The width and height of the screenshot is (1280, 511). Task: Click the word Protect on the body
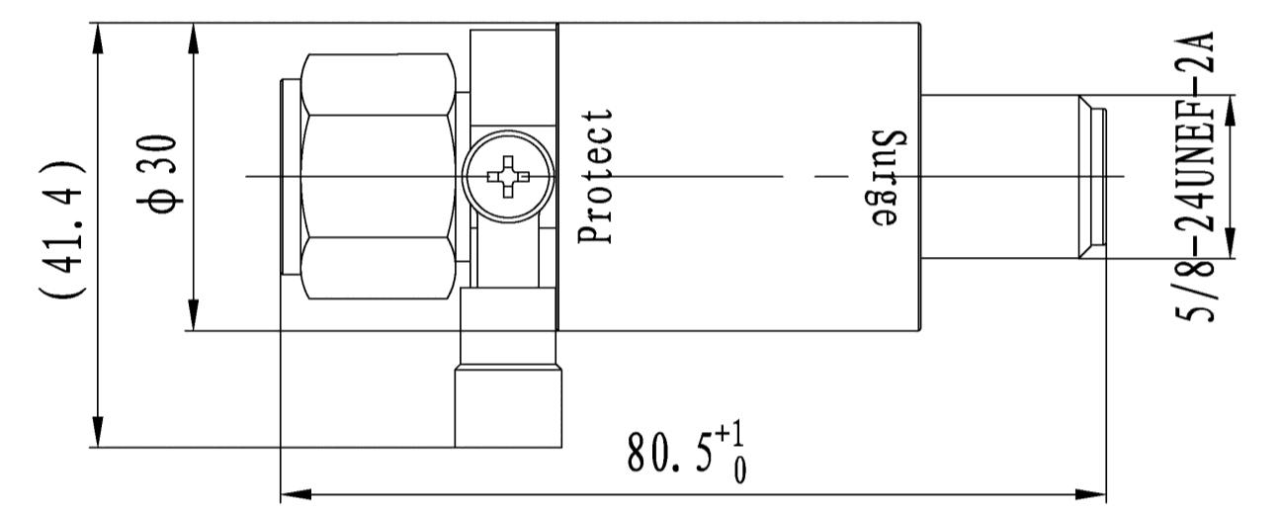point(599,176)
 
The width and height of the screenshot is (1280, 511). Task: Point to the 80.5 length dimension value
point(665,452)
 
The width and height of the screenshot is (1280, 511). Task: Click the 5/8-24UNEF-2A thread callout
point(1199,176)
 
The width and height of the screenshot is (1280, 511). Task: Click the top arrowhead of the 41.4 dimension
point(98,39)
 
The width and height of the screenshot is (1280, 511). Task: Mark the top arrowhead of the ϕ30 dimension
point(194,39)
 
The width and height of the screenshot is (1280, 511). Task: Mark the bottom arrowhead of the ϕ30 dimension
point(194,315)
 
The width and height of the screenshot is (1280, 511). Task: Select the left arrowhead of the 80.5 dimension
point(296,491)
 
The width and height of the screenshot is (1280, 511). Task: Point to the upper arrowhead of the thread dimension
point(1231,110)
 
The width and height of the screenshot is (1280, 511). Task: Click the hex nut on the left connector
point(380,176)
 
